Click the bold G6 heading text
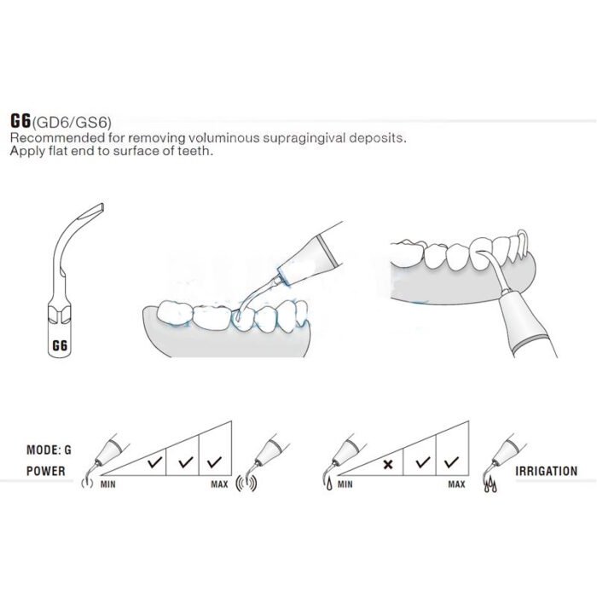click(21, 121)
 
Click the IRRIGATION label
click(546, 470)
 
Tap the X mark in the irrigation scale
click(388, 464)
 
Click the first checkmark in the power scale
click(153, 464)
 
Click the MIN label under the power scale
click(108, 484)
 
